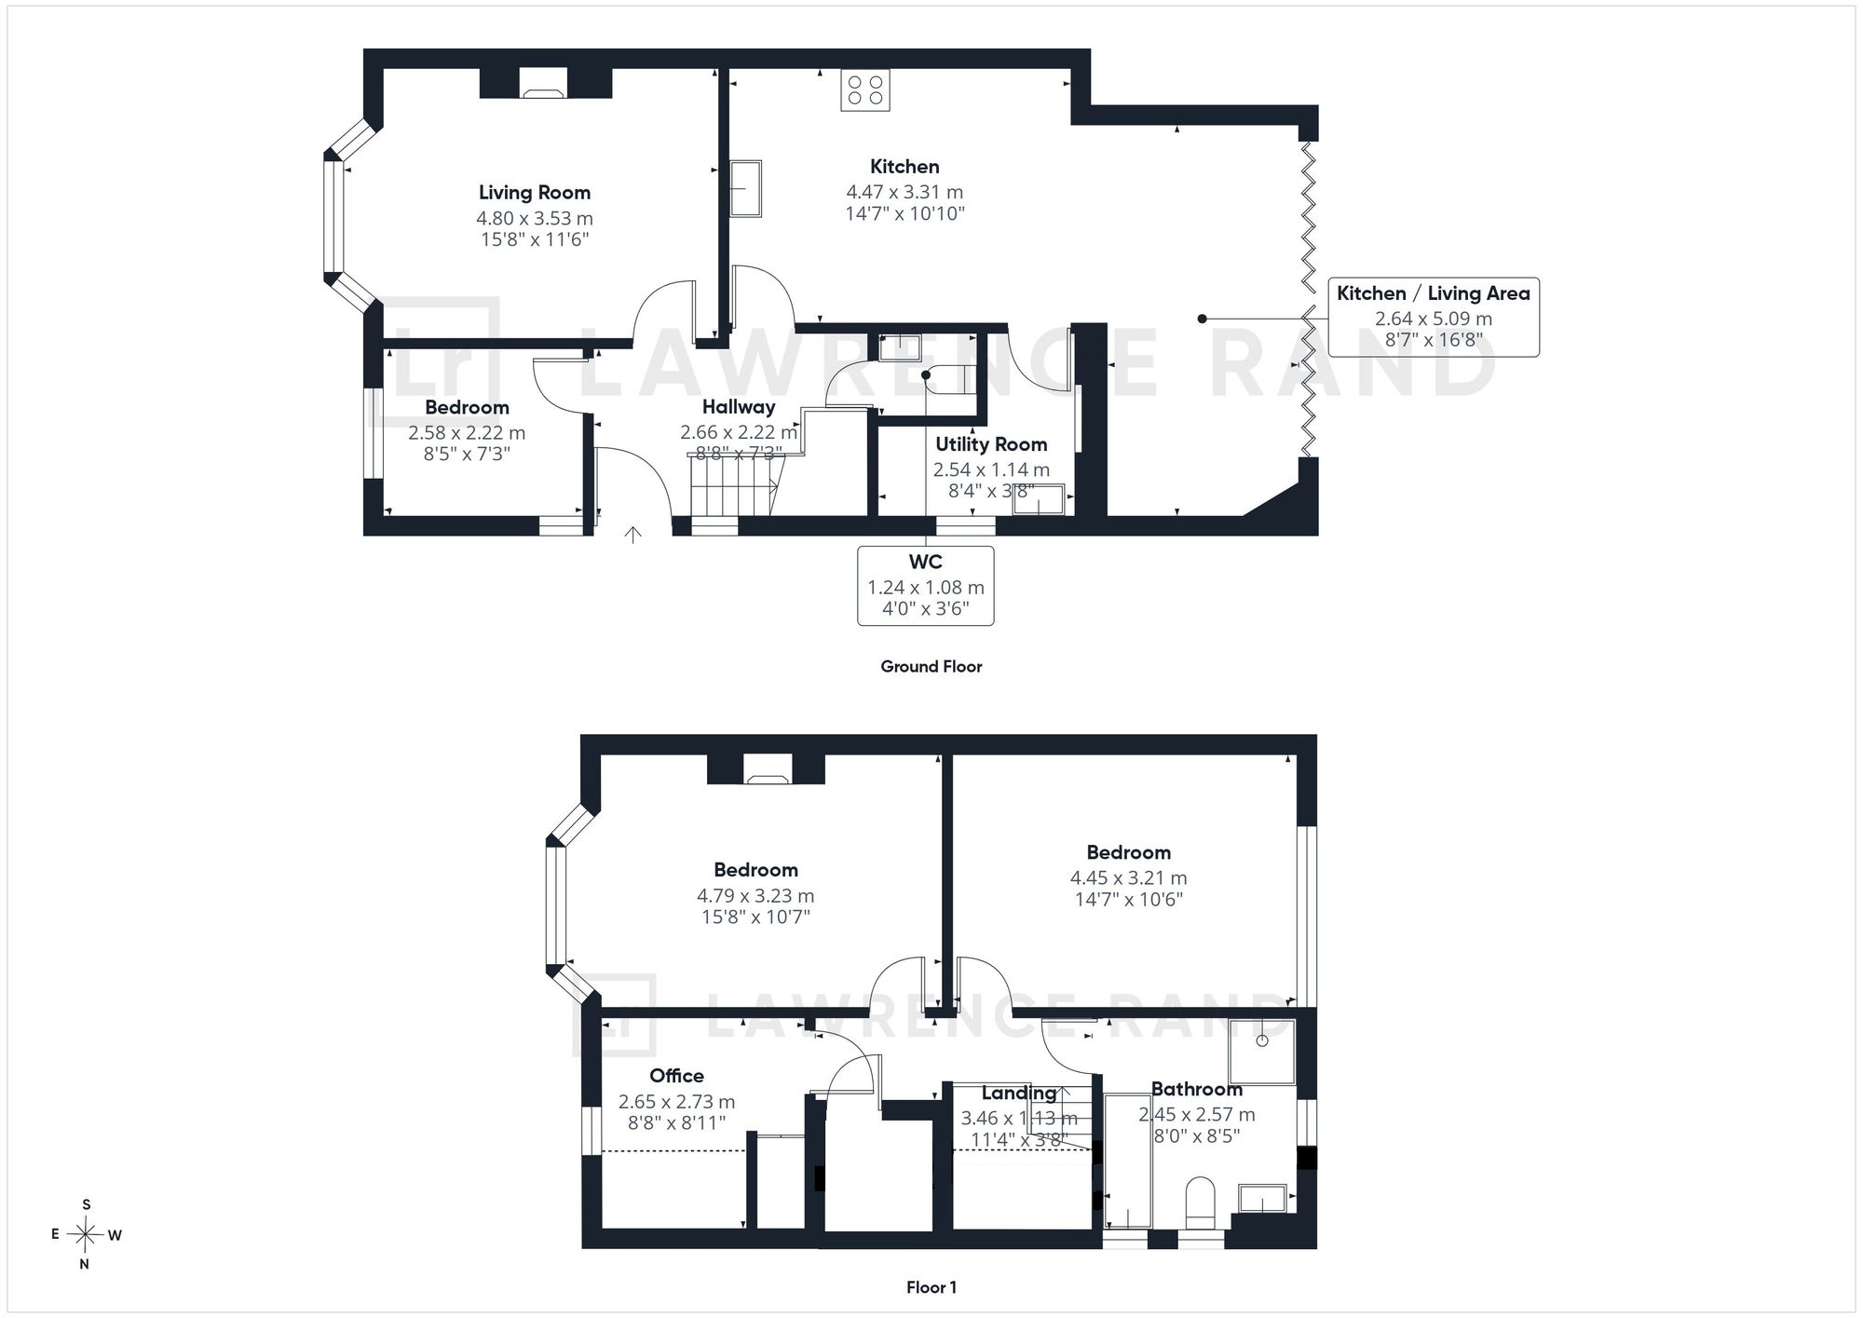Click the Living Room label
pyautogui.click(x=535, y=193)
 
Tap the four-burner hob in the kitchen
pyautogui.click(x=865, y=89)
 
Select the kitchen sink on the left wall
pyautogui.click(x=745, y=188)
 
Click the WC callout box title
pyautogui.click(x=926, y=562)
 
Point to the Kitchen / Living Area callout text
pyautogui.click(x=1434, y=293)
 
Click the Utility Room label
pyautogui.click(x=991, y=444)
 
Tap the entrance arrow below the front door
pyautogui.click(x=633, y=534)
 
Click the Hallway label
pyautogui.click(x=739, y=407)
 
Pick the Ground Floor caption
pyautogui.click(x=931, y=667)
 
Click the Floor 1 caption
pyautogui.click(x=931, y=1287)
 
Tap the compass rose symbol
pyautogui.click(x=86, y=1235)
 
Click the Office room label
pyautogui.click(x=676, y=1076)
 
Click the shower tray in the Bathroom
pyautogui.click(x=1262, y=1052)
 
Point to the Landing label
pyautogui.click(x=1019, y=1094)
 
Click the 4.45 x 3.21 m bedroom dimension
pyautogui.click(x=1129, y=877)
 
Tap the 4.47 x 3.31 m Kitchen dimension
pyautogui.click(x=904, y=192)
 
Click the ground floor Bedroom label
pyautogui.click(x=467, y=407)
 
